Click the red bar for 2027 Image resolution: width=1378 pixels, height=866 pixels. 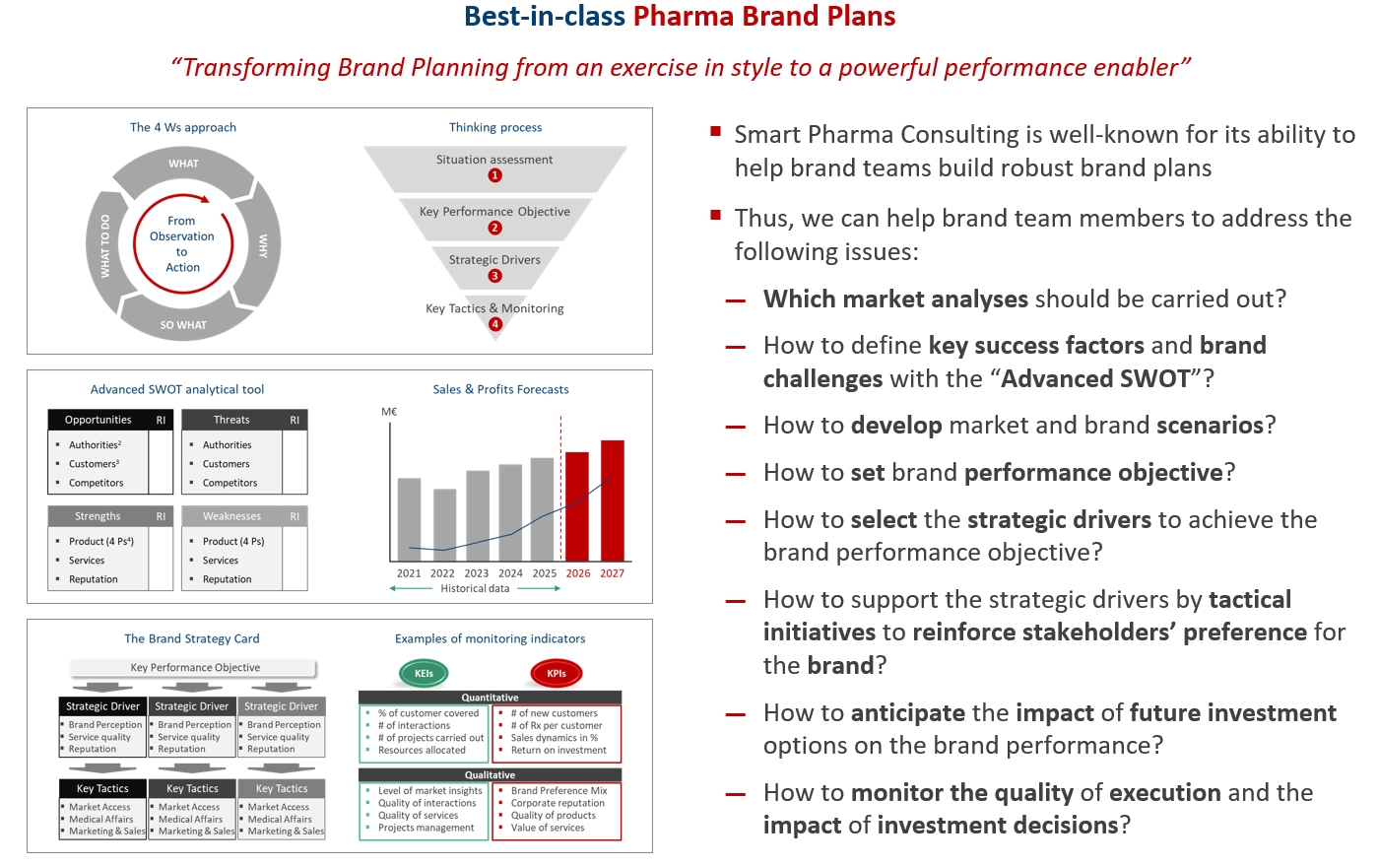pos(612,500)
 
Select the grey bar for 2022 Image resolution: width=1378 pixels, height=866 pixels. pos(445,524)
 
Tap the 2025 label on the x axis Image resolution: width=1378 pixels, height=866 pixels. pos(545,573)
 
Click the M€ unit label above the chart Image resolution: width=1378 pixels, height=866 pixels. pos(389,411)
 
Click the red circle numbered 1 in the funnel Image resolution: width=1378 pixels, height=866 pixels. pos(494,175)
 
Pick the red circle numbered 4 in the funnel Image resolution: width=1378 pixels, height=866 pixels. pos(494,324)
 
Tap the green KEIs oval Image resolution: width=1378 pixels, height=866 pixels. pos(424,673)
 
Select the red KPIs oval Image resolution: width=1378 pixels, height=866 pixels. pos(557,673)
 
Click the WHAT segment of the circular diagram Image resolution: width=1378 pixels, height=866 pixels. pos(183,167)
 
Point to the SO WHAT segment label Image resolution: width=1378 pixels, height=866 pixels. pos(183,325)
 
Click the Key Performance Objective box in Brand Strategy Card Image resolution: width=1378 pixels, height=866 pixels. pos(194,667)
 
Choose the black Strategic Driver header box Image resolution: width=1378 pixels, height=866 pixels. pos(102,706)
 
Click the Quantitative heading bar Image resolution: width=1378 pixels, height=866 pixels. pos(490,698)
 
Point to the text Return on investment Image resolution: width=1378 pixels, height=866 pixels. pos(558,750)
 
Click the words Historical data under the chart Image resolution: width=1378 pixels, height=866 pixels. pos(475,588)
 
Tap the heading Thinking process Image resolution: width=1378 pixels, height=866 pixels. pos(495,127)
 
